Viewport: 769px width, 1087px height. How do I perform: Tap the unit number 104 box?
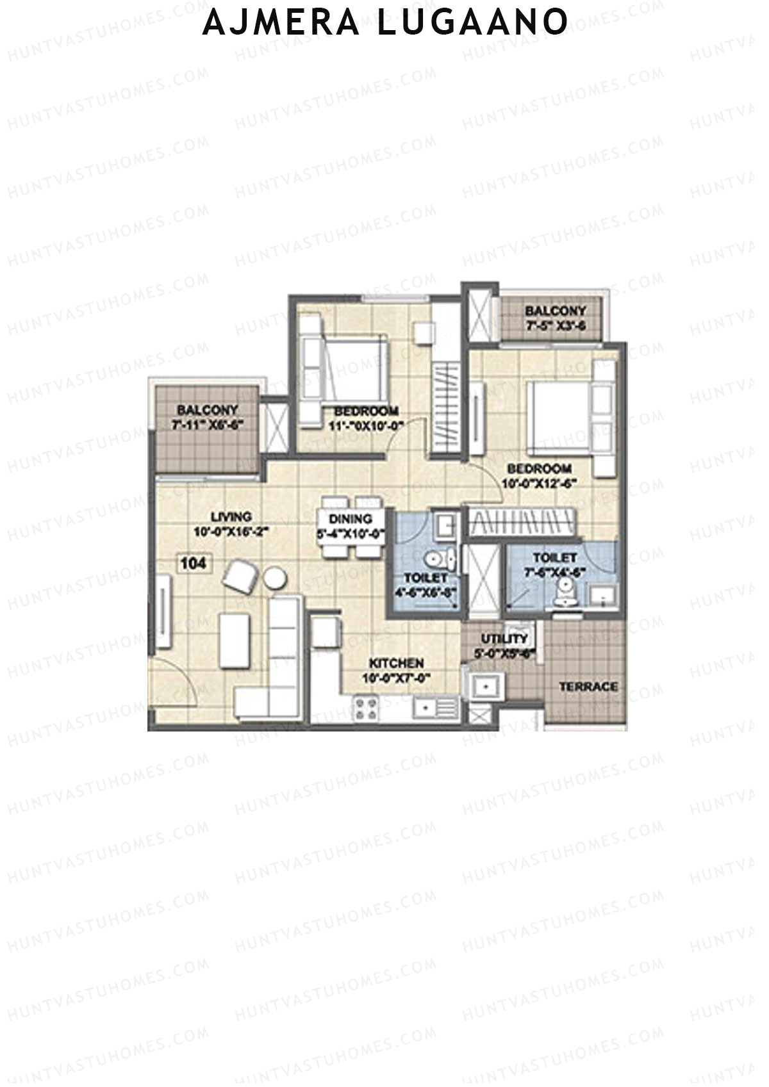[x=194, y=564]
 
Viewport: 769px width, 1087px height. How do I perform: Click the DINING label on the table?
[x=351, y=519]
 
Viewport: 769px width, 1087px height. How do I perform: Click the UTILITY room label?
[x=504, y=639]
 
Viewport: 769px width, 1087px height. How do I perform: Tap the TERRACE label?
[x=588, y=687]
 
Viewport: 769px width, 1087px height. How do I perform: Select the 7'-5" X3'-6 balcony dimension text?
[x=555, y=325]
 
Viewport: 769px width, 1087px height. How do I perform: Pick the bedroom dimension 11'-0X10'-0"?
[x=363, y=425]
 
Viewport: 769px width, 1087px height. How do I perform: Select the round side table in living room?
[x=275, y=578]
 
